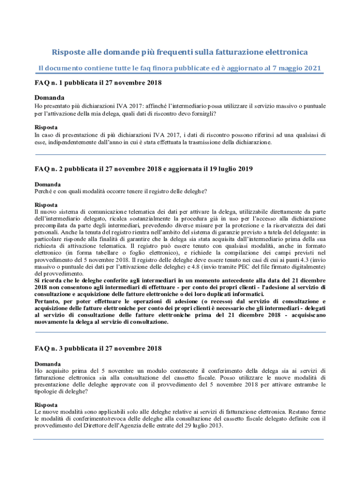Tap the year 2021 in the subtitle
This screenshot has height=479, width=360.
tap(311, 68)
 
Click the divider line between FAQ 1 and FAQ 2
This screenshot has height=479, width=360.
tap(180, 154)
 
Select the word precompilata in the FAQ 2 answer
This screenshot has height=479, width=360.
tap(52, 225)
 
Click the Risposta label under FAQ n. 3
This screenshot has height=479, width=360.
tap(46, 405)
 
